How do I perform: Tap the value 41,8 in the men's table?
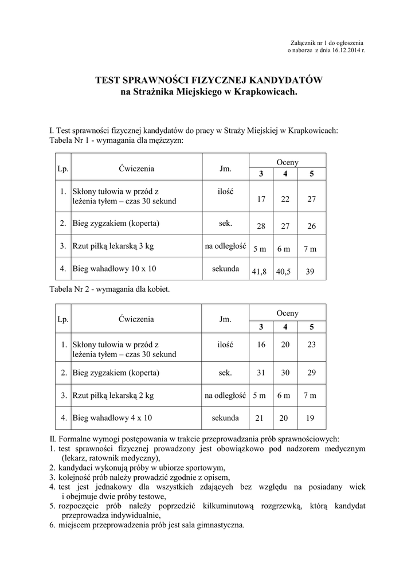(x=260, y=272)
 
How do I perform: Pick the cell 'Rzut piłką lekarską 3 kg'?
(x=113, y=247)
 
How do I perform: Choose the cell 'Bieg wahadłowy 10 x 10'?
(x=115, y=268)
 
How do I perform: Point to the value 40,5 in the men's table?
(x=283, y=272)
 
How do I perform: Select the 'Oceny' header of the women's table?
(x=287, y=314)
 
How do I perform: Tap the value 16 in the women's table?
(x=261, y=345)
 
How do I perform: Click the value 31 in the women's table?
(x=261, y=373)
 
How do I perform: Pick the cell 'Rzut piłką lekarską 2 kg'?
(x=113, y=396)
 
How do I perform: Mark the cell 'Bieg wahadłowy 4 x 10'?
(x=112, y=418)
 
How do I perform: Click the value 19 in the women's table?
(x=310, y=418)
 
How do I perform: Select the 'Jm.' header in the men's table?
(x=225, y=169)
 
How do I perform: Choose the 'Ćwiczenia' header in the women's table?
(x=136, y=319)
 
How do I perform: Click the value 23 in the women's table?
(x=311, y=345)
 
